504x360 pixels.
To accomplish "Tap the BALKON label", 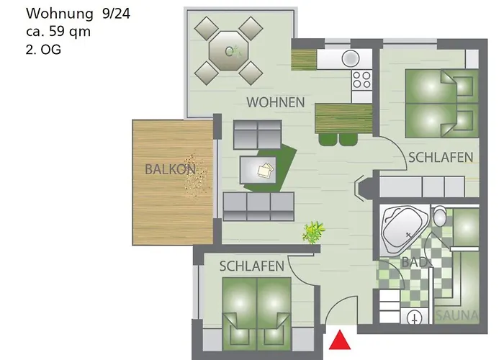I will pyautogui.click(x=171, y=170).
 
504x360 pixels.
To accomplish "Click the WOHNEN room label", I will pyautogui.click(x=275, y=102).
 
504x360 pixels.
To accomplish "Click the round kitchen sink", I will pyautogui.click(x=351, y=58).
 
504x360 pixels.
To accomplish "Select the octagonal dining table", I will pyautogui.click(x=229, y=50).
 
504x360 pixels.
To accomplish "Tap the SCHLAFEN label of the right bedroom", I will pyautogui.click(x=441, y=157).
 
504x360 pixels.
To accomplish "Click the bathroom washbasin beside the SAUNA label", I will pyautogui.click(x=414, y=317).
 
